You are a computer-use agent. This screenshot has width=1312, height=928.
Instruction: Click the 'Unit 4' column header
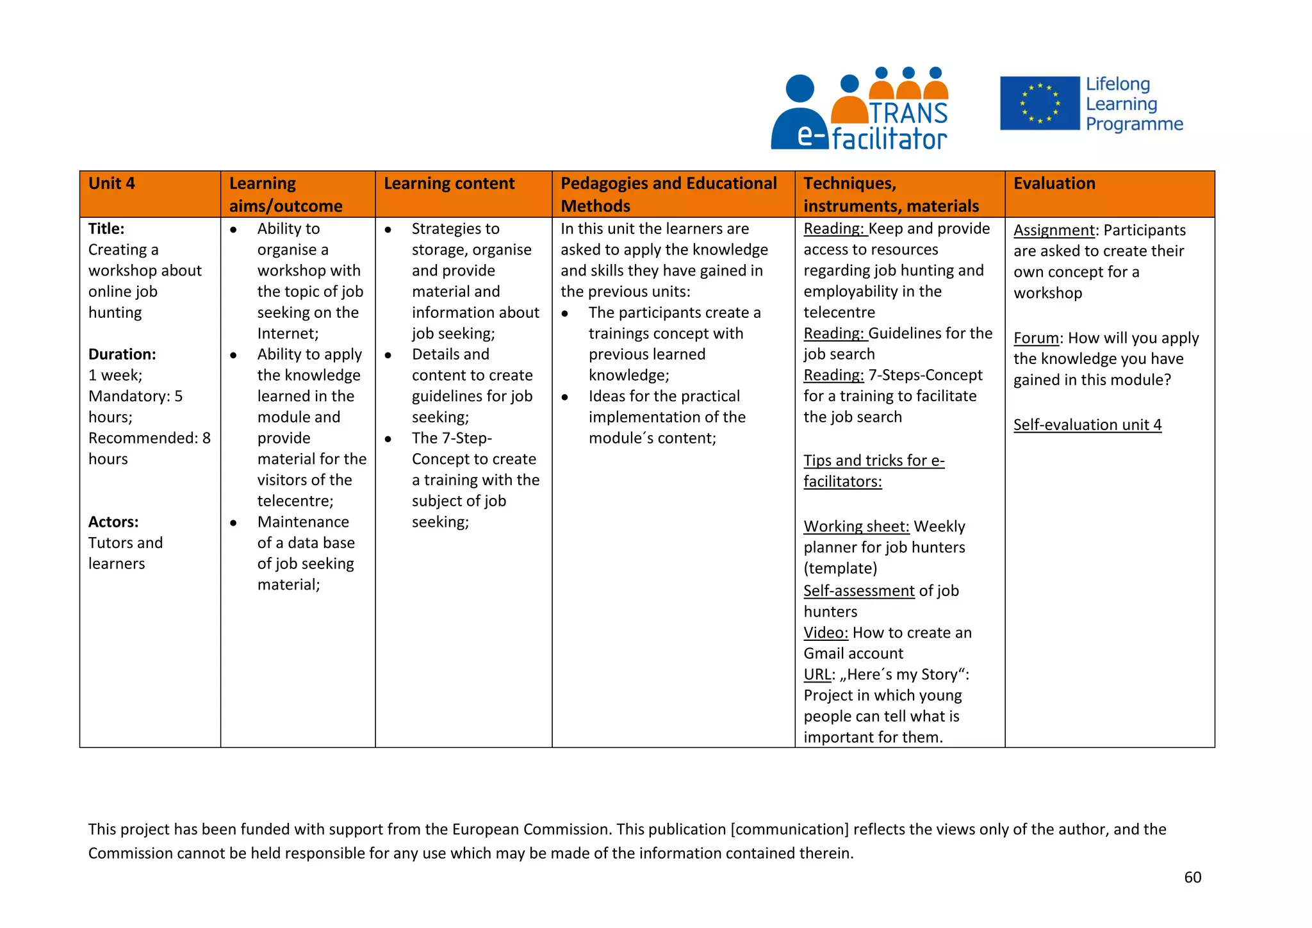(112, 184)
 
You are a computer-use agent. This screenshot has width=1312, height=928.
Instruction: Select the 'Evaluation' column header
(1054, 184)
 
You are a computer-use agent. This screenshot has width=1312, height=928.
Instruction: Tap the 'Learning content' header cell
(448, 184)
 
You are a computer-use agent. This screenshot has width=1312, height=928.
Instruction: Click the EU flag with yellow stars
(1039, 103)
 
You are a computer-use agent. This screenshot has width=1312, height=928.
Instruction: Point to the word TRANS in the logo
(908, 113)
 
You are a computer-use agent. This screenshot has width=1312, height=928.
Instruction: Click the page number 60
(1192, 877)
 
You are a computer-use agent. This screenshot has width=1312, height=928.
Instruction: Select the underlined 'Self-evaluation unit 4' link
(1087, 425)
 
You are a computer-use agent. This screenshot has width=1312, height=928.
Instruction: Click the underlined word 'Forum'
(1036, 338)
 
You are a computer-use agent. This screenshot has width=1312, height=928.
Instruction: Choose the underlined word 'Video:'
(826, 633)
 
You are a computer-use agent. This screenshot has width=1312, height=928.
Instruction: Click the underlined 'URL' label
(817, 674)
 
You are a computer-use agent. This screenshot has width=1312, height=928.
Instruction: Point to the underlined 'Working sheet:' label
(857, 526)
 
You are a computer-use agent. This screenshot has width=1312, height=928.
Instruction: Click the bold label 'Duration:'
(122, 354)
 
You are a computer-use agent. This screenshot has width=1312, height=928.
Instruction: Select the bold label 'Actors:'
(113, 522)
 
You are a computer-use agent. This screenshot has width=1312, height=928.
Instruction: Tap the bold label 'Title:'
(106, 229)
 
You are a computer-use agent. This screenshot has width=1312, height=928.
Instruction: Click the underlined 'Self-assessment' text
(859, 590)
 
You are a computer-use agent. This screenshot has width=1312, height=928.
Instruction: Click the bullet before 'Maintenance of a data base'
(233, 523)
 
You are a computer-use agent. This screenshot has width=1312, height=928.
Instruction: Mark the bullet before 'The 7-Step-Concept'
(388, 439)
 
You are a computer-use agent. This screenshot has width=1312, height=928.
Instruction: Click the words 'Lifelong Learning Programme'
(1133, 104)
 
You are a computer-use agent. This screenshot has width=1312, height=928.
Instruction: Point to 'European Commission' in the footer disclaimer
(532, 829)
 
